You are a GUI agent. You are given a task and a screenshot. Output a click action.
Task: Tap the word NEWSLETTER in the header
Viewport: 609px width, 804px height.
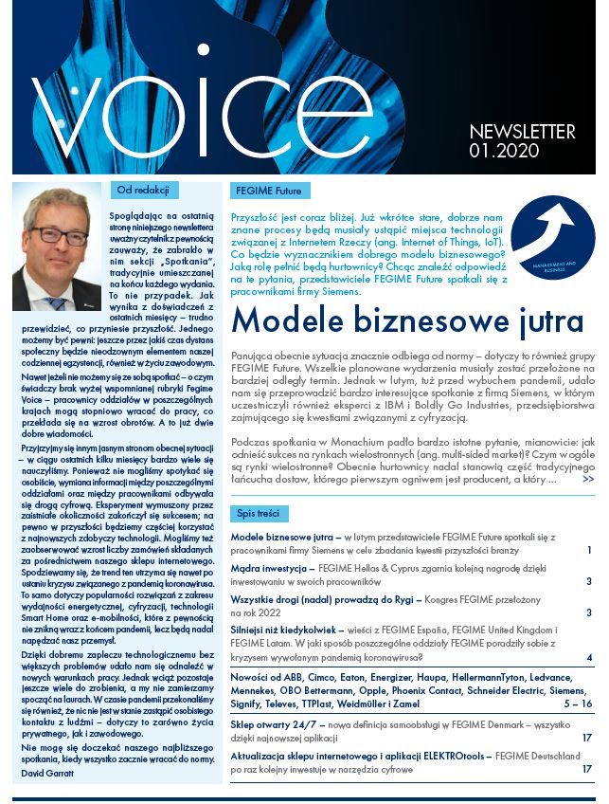pos(522,132)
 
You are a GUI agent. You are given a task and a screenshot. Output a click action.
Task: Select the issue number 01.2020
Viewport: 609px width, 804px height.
pos(504,151)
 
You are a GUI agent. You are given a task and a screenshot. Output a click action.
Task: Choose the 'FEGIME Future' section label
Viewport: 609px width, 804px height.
pos(270,191)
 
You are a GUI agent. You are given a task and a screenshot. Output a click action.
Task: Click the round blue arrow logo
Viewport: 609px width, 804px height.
pos(552,237)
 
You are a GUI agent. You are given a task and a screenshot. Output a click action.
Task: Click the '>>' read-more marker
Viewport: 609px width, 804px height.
pos(588,480)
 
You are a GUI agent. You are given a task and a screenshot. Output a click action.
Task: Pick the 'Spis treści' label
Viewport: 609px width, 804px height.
pos(258,513)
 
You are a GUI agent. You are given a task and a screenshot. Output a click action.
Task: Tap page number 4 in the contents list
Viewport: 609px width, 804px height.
pos(589,658)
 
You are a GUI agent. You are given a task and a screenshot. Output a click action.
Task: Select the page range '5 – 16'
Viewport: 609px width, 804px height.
pos(578,704)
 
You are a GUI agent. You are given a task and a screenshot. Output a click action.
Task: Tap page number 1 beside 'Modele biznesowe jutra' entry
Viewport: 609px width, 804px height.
pos(589,550)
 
